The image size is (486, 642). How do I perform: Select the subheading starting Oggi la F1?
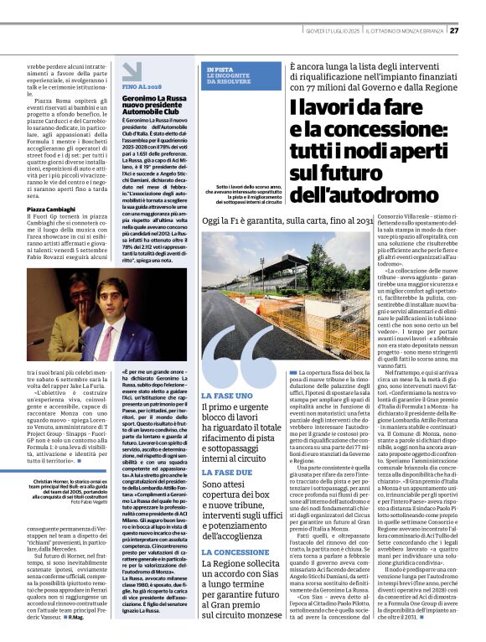pos(287,220)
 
